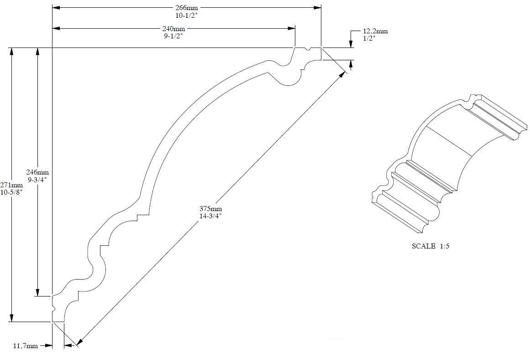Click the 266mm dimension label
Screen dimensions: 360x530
coord(186,8)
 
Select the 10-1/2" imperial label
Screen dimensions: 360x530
coord(186,15)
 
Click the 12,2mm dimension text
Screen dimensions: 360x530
coord(375,31)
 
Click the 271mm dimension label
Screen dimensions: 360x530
coord(11,185)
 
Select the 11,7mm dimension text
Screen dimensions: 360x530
coord(25,347)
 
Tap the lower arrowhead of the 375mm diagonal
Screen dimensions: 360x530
coord(79,342)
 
